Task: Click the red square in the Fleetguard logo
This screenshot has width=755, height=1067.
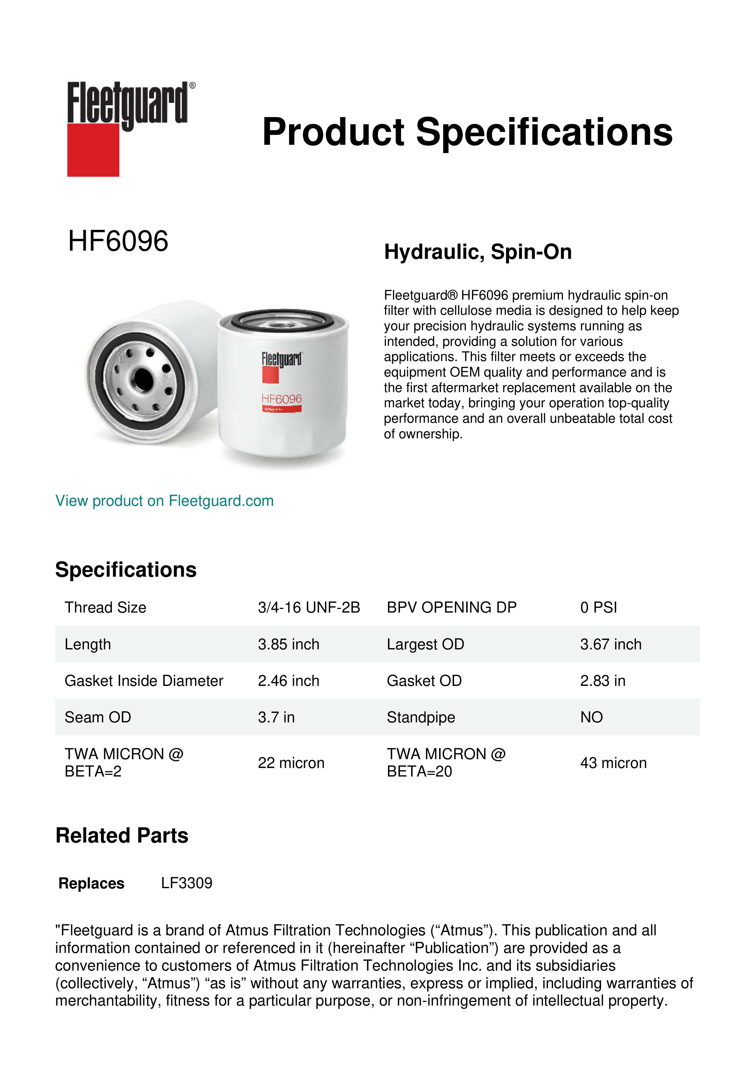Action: pos(93,150)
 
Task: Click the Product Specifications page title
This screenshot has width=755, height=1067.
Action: pos(467,132)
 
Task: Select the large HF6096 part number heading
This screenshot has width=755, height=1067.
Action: pos(118,241)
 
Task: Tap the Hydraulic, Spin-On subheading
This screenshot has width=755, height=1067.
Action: pos(478,252)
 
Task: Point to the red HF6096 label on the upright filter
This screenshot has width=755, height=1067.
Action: pos(281,399)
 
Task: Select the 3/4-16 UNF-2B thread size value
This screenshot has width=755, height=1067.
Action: pos(309,607)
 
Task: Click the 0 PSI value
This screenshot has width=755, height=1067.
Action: pos(598,607)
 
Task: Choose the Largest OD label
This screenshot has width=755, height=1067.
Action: pos(425,644)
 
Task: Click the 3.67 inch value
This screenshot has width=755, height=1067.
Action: pos(610,644)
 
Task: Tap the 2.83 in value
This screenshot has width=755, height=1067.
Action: pos(603,681)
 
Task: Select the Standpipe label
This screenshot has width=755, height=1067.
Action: pos(421,718)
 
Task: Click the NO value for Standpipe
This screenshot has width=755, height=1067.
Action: pos(591,718)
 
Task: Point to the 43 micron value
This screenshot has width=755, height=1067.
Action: pos(613,763)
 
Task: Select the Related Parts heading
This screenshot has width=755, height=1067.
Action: pos(122,836)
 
